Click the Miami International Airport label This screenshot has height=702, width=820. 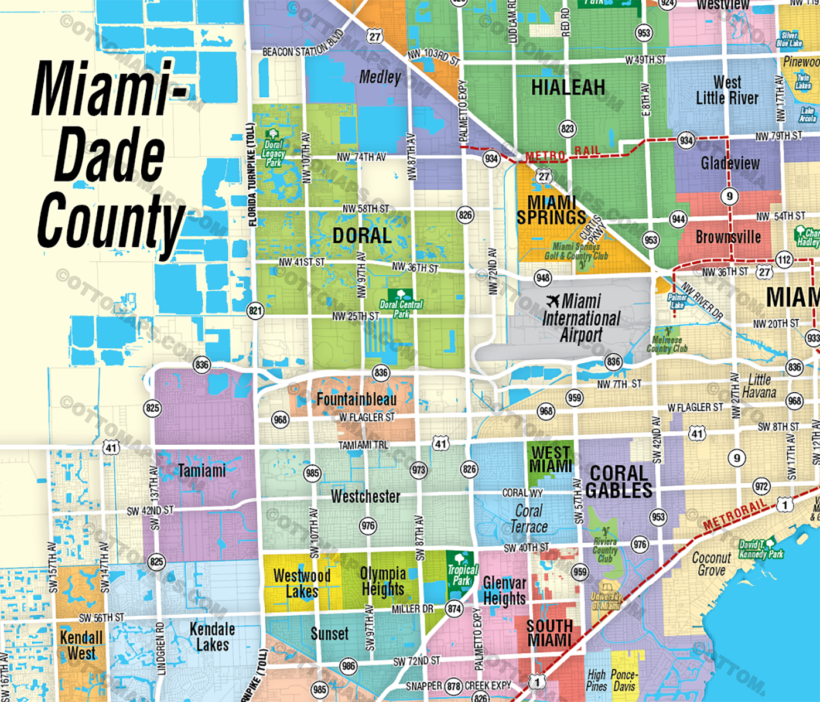[x=581, y=319]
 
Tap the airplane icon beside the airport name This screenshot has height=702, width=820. [x=553, y=301]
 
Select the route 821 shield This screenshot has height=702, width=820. [x=255, y=311]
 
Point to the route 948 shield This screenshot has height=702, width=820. [x=543, y=277]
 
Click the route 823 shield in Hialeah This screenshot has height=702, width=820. [x=567, y=128]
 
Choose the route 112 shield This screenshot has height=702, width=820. [x=784, y=260]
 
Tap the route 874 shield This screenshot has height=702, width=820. [x=455, y=609]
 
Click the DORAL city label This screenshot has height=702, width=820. [x=362, y=236]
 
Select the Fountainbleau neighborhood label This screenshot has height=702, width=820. [x=357, y=400]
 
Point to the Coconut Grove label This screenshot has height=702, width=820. [x=712, y=564]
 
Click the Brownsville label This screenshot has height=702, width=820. [x=728, y=237]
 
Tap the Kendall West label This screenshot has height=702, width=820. [x=81, y=645]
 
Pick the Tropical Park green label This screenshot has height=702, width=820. [x=462, y=575]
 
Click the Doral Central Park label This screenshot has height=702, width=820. [x=401, y=308]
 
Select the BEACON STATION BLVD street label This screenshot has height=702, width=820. [x=303, y=47]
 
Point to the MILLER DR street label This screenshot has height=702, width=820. [x=412, y=609]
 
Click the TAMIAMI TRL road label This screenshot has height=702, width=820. [x=363, y=445]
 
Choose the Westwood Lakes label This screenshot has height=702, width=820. [x=302, y=583]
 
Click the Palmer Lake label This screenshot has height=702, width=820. [x=677, y=301]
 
